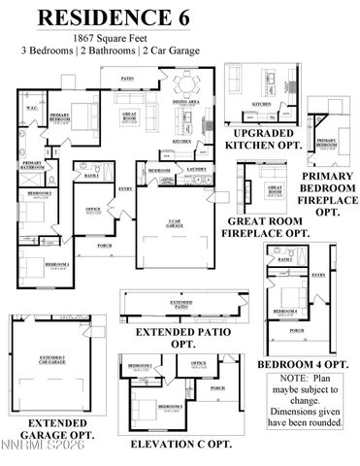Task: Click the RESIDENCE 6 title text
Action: point(180,17)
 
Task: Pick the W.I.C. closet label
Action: point(31,108)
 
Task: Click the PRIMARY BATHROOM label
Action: point(31,164)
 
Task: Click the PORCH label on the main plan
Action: point(105,245)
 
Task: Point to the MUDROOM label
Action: point(158,170)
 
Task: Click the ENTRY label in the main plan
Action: point(124,188)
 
